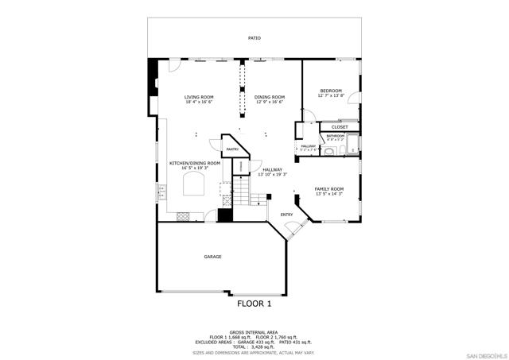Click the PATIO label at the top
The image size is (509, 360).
pyautogui.click(x=254, y=38)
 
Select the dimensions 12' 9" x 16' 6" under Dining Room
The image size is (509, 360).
pyautogui.click(x=270, y=102)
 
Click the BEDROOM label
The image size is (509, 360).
pyautogui.click(x=331, y=91)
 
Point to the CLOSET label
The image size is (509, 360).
pyautogui.click(x=340, y=126)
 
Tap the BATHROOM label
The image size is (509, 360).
pyautogui.click(x=335, y=136)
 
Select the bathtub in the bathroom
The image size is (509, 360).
pyautogui.click(x=353, y=146)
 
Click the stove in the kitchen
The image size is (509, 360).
pyautogui.click(x=182, y=215)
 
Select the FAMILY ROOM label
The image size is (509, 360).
pyautogui.click(x=329, y=189)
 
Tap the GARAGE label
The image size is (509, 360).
pyautogui.click(x=212, y=257)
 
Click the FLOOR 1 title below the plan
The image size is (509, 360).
pyautogui.click(x=254, y=304)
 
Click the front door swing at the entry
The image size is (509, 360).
pyautogui.click(x=293, y=230)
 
